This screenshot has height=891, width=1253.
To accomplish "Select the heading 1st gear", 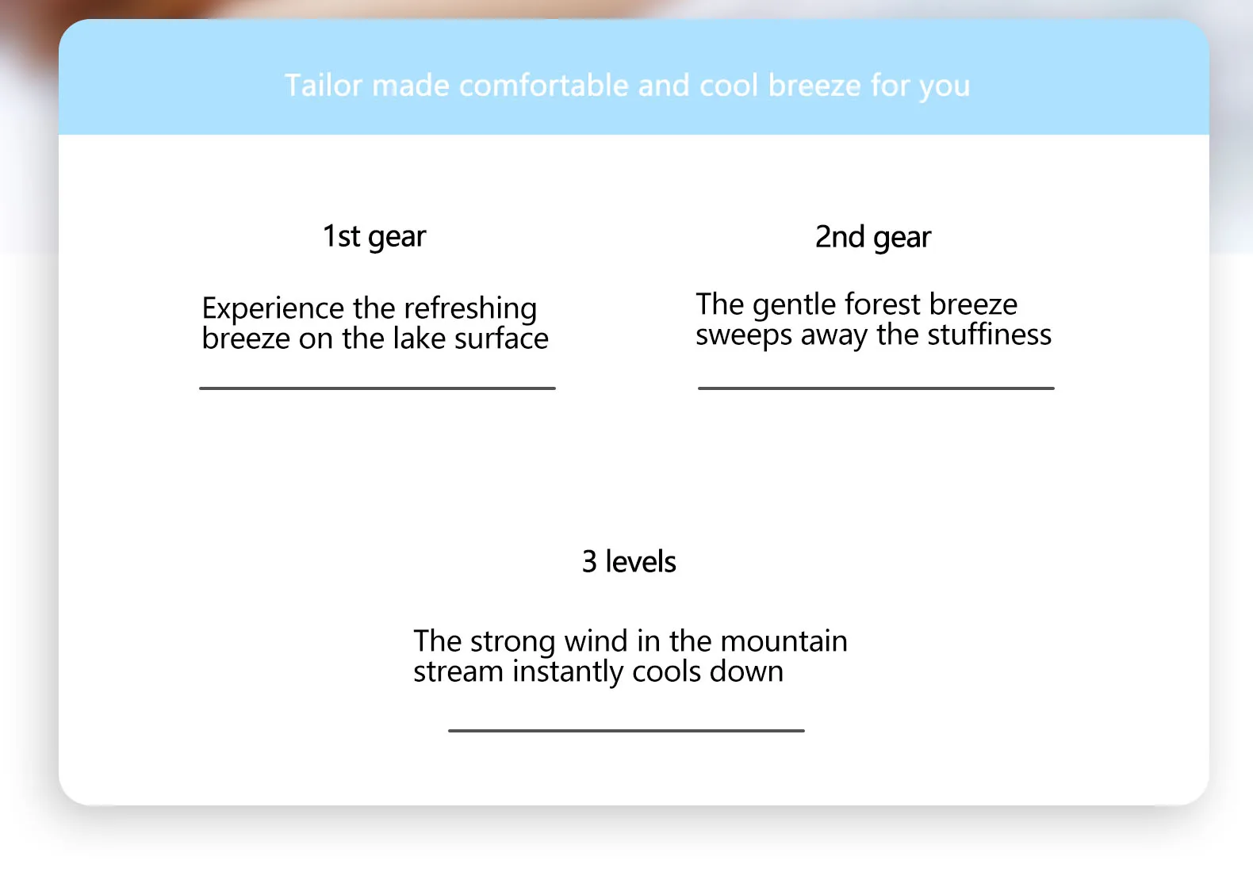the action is (374, 237).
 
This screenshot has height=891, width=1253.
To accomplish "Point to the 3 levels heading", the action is (629, 561).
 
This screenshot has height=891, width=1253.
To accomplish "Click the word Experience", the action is (273, 308).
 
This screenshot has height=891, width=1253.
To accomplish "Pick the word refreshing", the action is (469, 308).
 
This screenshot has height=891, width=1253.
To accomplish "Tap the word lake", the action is (419, 338).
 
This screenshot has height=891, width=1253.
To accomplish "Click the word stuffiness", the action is (989, 335).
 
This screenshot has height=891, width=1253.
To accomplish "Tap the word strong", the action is (512, 642).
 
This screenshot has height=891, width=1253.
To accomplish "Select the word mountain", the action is (784, 641).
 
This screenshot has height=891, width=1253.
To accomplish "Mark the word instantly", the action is (568, 672).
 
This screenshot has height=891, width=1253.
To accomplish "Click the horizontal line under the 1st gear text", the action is (377, 388).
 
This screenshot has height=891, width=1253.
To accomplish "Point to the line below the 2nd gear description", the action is (876, 388).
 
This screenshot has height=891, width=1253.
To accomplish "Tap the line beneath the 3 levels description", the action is (626, 731).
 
